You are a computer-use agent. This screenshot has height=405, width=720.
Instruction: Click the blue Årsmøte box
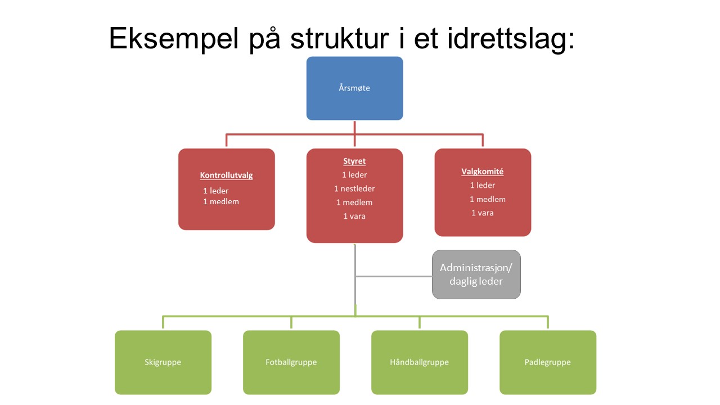pos(354,88)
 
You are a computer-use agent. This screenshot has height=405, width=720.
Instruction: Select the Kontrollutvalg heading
pos(226,175)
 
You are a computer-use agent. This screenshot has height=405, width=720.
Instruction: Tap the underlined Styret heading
pos(354,161)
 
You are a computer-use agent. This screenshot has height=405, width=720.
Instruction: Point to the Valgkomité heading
pos(483,172)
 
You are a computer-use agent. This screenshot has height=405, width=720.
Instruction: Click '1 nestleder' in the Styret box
pos(354,188)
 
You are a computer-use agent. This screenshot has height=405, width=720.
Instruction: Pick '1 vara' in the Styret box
pos(354,217)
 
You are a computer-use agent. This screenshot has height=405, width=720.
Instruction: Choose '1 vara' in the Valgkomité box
pos(482,213)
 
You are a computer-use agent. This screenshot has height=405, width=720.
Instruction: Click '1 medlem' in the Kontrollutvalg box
pos(221,201)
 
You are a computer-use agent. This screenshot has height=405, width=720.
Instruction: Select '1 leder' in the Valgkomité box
pos(483,185)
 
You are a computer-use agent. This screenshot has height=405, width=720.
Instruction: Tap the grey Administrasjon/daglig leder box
pos(476,274)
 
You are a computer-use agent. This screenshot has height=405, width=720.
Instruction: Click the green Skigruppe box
pos(163,362)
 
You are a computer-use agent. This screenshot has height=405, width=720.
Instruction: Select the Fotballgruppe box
pos(291,362)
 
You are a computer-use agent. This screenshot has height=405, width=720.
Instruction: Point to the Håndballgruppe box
pos(420,362)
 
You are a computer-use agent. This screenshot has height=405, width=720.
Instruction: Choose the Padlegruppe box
pos(548,362)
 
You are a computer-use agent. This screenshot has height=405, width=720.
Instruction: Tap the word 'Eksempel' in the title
pos(174,39)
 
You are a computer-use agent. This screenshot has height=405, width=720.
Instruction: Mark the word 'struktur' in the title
pos(339,39)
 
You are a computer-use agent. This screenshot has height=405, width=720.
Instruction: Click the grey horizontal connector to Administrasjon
pos(394,276)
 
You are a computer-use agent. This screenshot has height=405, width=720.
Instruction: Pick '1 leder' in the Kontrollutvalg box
pos(215,191)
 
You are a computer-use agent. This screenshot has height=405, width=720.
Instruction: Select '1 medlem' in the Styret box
pos(354,202)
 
